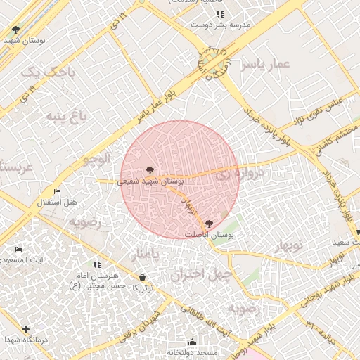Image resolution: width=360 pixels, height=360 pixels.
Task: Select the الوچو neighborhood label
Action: click(x=97, y=159)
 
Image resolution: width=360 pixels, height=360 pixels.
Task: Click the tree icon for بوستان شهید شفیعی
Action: click(x=149, y=170)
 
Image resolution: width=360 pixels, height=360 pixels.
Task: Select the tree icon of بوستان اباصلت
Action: click(x=207, y=223)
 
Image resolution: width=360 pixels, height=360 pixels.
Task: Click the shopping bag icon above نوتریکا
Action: click(x=143, y=278)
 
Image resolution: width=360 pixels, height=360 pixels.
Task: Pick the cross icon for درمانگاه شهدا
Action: click(x=26, y=329)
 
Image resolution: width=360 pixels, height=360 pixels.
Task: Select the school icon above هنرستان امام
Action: click(x=97, y=264)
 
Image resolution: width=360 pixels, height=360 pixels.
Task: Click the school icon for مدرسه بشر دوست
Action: click(x=220, y=14)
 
